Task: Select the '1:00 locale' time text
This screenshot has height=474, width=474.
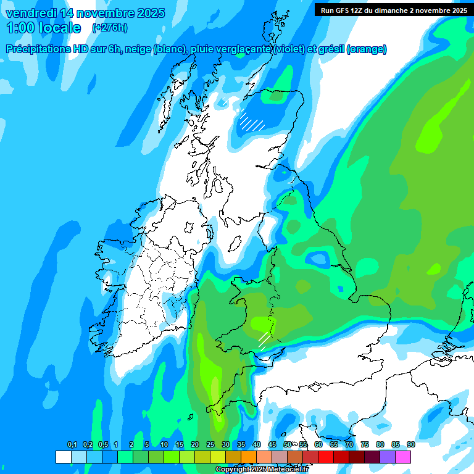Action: [x=43, y=28]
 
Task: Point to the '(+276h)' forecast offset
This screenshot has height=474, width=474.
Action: [x=109, y=28]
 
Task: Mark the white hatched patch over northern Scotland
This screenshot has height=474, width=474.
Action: [x=252, y=120]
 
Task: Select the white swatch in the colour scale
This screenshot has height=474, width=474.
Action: [x=63, y=457]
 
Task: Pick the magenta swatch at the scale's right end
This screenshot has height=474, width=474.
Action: [x=403, y=457]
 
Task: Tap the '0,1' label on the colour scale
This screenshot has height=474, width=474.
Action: [x=72, y=444]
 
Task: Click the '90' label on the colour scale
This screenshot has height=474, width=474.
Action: [x=411, y=444]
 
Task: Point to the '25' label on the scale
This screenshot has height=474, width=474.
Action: [x=210, y=444]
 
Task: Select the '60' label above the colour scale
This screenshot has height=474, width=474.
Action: [x=318, y=444]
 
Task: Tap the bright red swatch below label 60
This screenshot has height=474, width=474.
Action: [x=325, y=457]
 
